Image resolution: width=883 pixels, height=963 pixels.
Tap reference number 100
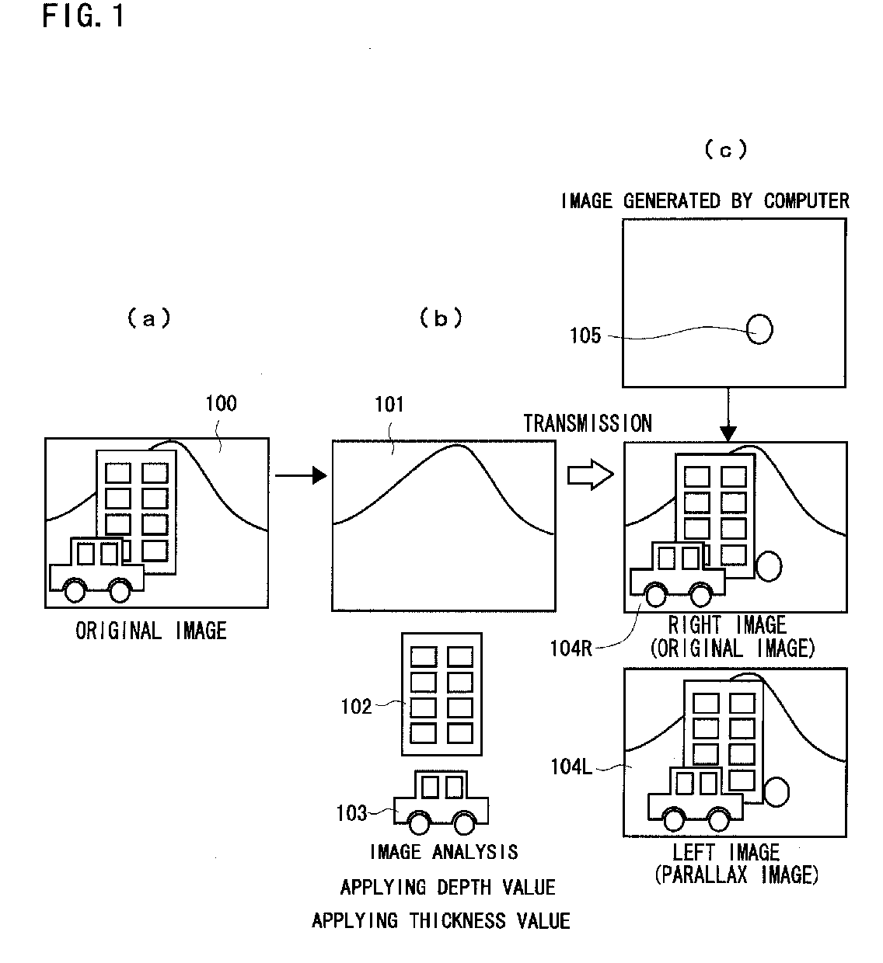coord(221,403)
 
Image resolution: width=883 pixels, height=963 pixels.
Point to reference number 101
coord(389,404)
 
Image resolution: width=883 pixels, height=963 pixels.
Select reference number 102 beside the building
coord(356,707)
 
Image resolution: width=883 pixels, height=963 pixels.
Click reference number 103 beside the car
coord(351,813)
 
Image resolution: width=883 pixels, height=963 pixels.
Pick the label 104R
coord(571,648)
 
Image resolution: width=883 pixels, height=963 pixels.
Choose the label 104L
coord(571,767)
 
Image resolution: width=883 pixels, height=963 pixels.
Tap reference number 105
coord(585,335)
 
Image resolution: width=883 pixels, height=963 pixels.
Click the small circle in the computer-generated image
coord(759,329)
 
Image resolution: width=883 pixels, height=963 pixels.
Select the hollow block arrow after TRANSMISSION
coord(591,475)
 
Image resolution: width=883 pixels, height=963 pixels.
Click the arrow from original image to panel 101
coord(301,475)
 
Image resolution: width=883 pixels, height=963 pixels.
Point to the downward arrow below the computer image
coord(728,414)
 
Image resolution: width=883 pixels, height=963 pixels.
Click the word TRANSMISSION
coord(588,423)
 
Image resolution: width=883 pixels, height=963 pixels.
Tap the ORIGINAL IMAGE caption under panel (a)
coord(151,631)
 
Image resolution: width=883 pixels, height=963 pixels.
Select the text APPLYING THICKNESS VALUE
coord(441,921)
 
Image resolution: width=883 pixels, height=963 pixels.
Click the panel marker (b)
coord(441,318)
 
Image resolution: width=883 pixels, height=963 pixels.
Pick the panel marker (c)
coord(726,149)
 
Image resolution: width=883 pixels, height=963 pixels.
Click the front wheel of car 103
coord(419,823)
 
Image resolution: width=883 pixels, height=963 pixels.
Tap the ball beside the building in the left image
coord(777,792)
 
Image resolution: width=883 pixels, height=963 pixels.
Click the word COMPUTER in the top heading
coord(807,200)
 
